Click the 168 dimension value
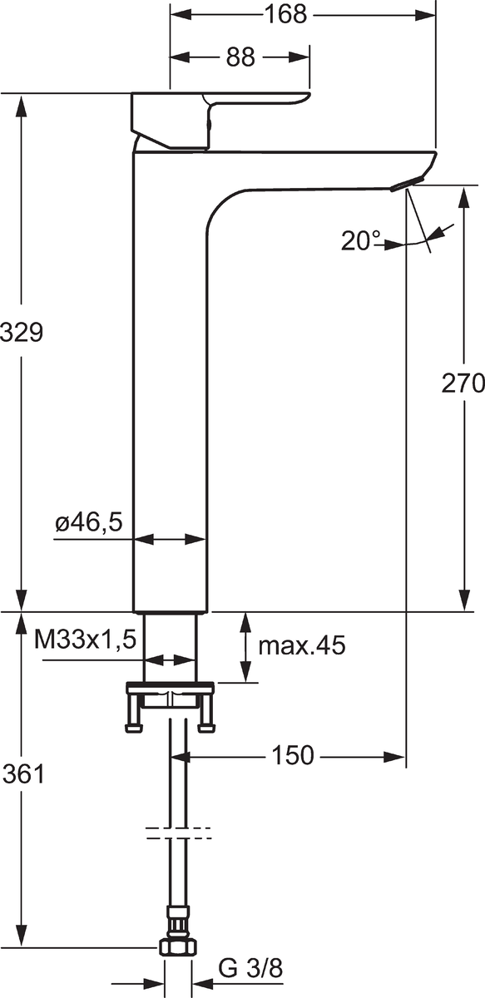[x=286, y=14]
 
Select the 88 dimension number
[x=240, y=57]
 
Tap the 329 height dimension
[x=22, y=333]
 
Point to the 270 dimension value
[x=463, y=383]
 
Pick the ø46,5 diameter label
[x=89, y=521]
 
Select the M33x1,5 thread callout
[x=85, y=640]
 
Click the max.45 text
[x=302, y=645]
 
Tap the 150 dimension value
[x=293, y=755]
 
